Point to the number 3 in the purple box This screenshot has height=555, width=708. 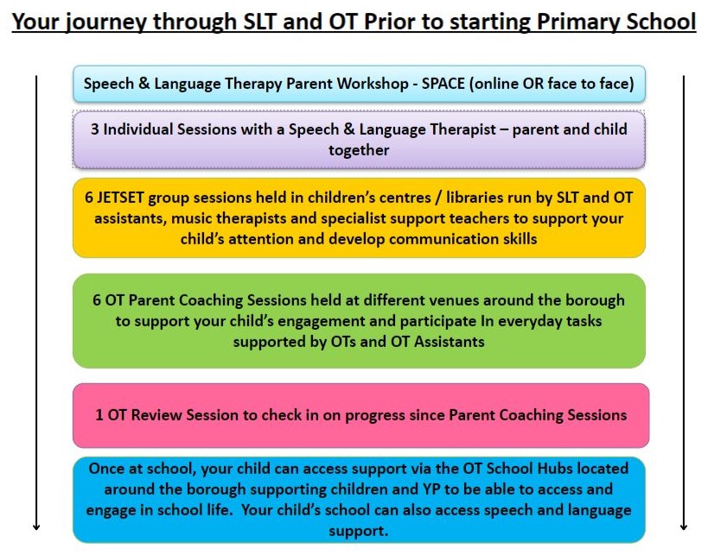tap(95, 129)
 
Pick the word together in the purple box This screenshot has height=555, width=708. tap(359, 149)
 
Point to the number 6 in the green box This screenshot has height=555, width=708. tap(97, 300)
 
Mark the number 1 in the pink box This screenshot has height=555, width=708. tap(99, 415)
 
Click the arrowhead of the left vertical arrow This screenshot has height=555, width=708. tap(37, 525)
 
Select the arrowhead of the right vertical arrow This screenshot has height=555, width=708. tap(683, 525)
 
